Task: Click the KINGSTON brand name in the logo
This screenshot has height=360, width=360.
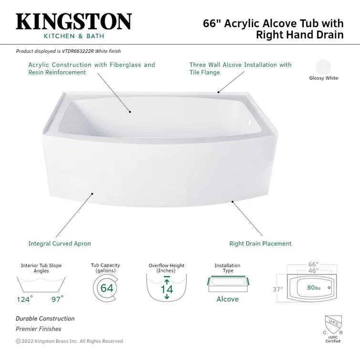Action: (73, 21)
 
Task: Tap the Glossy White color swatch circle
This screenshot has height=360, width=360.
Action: (323, 67)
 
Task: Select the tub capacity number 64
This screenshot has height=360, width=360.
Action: (107, 288)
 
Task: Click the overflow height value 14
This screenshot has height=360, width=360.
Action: (166, 289)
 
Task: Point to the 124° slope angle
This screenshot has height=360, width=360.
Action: (25, 299)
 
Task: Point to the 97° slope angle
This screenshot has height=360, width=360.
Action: (57, 299)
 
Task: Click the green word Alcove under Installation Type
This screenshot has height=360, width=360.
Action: (227, 299)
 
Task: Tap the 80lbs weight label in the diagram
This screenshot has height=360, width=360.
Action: (314, 288)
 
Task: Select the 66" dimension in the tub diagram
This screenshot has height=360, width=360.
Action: (313, 264)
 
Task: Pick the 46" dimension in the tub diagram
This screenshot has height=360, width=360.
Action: (313, 271)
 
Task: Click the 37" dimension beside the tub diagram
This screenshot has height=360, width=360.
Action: (278, 289)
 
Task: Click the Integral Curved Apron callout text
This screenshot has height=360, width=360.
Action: (59, 243)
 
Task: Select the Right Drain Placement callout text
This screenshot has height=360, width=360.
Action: (260, 243)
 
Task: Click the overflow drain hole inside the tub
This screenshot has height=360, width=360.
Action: (247, 122)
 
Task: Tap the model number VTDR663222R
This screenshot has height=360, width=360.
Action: (78, 51)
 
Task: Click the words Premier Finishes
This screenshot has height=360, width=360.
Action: (39, 329)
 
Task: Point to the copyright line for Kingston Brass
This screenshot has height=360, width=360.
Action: (69, 341)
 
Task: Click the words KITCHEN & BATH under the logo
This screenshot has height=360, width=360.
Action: (73, 36)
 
